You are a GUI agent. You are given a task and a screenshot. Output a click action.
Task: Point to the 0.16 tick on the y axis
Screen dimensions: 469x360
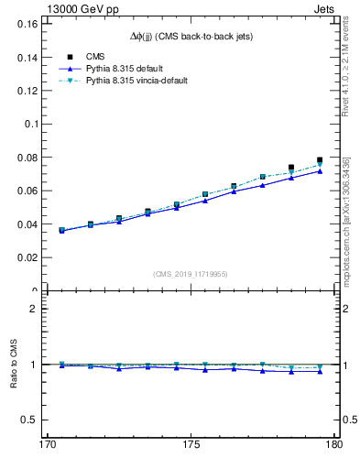click(x=27, y=24)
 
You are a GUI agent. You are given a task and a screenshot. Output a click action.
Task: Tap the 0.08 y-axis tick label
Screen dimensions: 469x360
click(x=27, y=158)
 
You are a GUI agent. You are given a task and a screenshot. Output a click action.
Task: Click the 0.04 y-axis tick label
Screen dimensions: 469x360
click(x=27, y=224)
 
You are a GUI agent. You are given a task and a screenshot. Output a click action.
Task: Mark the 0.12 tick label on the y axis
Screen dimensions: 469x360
click(x=27, y=91)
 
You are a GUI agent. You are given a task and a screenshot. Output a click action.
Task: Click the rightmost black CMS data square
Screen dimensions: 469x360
click(x=320, y=160)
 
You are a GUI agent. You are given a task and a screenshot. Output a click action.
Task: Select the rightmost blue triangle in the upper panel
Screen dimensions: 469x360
click(x=320, y=170)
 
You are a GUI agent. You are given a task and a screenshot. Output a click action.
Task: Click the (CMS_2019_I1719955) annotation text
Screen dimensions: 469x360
click(x=191, y=273)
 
